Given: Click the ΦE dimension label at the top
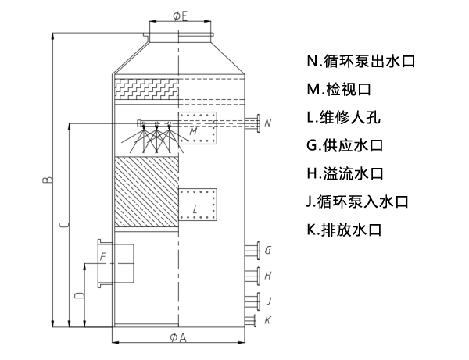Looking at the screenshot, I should [179, 15].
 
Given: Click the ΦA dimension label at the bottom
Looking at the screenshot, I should [179, 337].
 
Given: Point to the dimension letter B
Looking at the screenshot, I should [48, 181].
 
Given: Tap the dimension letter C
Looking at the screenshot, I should [63, 226].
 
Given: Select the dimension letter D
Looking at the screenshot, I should [78, 297].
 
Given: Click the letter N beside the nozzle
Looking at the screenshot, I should [268, 123].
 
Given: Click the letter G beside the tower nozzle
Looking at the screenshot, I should [268, 251].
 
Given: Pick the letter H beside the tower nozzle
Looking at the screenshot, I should [268, 276].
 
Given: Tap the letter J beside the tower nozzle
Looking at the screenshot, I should [268, 301].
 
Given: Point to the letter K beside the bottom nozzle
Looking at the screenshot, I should [268, 319].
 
